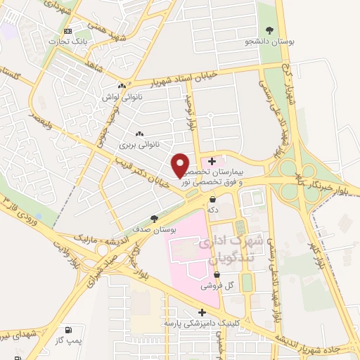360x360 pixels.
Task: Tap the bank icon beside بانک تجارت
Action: pyautogui.click(x=67, y=32)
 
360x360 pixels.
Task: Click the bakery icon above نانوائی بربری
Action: pyautogui.click(x=139, y=134)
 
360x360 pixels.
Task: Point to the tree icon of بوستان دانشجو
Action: pyautogui.click(x=271, y=30)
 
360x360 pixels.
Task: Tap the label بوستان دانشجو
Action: pyautogui.click(x=271, y=41)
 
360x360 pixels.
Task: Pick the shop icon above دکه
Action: pyautogui.click(x=212, y=199)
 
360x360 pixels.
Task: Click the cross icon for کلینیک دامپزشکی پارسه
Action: pyautogui.click(x=202, y=311)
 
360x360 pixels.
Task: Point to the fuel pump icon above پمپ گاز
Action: pyautogui.click(x=67, y=330)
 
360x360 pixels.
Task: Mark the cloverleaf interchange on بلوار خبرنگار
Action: pyautogui.click(x=288, y=171)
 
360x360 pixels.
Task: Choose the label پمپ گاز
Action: pyautogui.click(x=67, y=340)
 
